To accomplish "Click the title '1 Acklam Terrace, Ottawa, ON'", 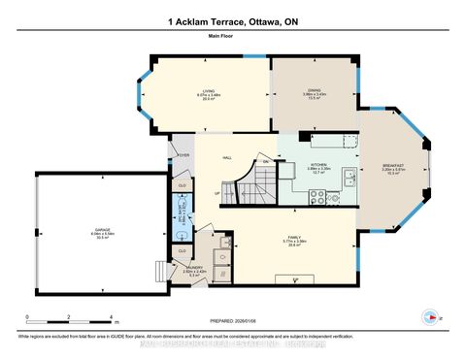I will pyautogui.click(x=232, y=20).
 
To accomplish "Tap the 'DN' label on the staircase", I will pyautogui.click(x=265, y=161).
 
